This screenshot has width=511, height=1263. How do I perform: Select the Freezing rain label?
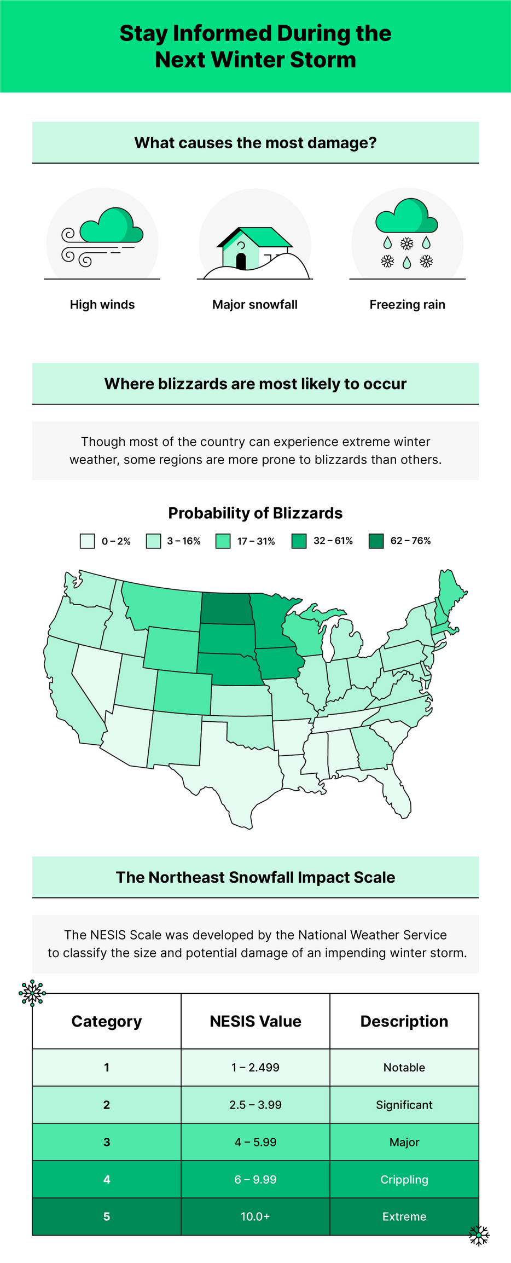[407, 305]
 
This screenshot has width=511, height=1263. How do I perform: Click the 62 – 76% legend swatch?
[376, 541]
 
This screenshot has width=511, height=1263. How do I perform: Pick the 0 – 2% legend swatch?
[88, 541]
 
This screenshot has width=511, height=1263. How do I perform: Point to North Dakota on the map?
[227, 609]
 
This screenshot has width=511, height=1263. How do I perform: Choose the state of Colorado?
[183, 692]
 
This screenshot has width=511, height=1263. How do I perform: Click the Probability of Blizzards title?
[255, 513]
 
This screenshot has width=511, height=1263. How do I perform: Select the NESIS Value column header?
[255, 1021]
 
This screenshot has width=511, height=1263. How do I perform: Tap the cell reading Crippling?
[404, 1179]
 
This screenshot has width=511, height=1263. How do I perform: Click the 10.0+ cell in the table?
[255, 1216]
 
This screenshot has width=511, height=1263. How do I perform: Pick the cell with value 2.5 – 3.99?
[255, 1105]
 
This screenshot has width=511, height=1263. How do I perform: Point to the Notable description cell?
[404, 1067]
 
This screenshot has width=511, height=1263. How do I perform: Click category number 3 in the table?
[107, 1142]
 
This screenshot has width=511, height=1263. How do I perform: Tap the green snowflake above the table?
[32, 992]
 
